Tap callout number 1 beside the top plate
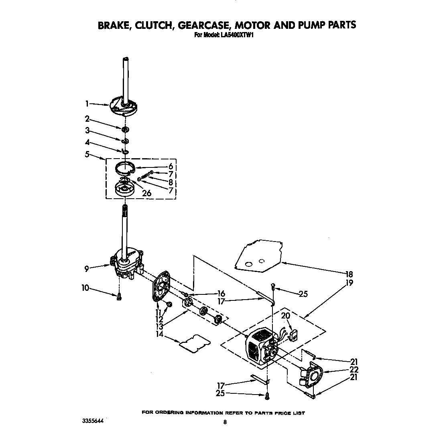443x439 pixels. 87,103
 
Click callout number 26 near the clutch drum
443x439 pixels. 147,193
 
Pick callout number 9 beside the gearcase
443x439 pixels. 87,269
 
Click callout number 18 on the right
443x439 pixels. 349,274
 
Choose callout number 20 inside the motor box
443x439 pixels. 285,316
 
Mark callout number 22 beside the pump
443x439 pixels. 354,369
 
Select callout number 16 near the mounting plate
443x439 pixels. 221,294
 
